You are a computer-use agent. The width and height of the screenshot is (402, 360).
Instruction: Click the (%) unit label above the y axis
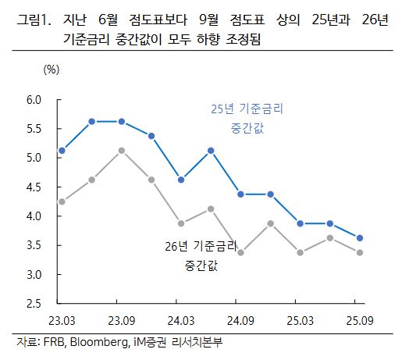tap(51, 70)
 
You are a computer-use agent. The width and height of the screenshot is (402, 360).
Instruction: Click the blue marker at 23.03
tap(62, 151)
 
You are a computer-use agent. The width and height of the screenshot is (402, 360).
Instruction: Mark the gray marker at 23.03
tap(62, 201)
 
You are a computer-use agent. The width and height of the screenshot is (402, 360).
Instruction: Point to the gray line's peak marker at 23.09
tap(121, 150)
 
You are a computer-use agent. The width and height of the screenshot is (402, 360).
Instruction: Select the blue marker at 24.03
tap(181, 180)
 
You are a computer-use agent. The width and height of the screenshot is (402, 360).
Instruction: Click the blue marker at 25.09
tap(360, 238)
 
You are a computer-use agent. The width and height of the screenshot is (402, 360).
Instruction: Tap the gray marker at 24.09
tap(240, 252)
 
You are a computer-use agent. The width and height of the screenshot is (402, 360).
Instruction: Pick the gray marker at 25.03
tap(300, 252)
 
